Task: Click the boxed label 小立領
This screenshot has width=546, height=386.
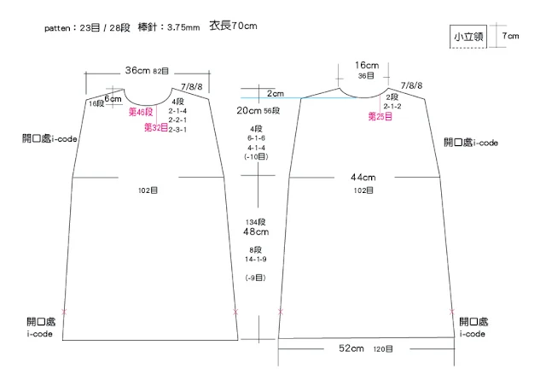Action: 469,37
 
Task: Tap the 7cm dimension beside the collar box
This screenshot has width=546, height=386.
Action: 509,36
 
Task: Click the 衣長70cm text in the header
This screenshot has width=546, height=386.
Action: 233,26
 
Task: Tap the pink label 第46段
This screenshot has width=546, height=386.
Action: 141,113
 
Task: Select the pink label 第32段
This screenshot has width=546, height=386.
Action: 154,128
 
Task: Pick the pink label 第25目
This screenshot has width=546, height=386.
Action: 380,115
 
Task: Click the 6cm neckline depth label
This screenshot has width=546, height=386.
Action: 113,99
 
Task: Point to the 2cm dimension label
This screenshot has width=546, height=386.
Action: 275,93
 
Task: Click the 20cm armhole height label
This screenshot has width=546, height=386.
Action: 249,111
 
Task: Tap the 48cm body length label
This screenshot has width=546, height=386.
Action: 256,231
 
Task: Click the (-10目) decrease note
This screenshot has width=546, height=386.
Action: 256,157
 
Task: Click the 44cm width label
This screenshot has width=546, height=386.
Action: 363,177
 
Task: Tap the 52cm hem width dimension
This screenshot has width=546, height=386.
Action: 351,348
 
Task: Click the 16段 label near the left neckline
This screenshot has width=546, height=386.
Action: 96,103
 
